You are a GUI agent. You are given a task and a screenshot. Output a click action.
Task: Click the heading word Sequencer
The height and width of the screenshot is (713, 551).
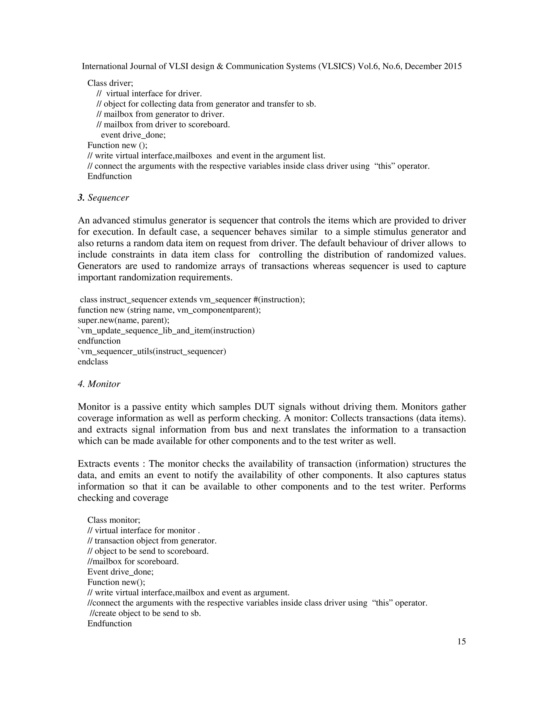click(108, 197)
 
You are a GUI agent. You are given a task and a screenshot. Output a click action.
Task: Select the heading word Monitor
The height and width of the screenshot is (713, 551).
click(104, 384)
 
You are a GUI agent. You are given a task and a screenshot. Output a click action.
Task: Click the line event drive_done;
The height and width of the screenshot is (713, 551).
click(133, 135)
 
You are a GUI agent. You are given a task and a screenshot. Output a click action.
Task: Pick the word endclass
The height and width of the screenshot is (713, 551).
click(93, 362)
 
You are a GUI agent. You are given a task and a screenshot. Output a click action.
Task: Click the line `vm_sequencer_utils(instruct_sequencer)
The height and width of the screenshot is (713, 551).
click(152, 351)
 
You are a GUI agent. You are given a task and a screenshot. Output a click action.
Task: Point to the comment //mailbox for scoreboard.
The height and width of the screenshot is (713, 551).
click(133, 561)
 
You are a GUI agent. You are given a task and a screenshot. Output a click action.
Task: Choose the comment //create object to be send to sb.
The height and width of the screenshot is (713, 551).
click(145, 613)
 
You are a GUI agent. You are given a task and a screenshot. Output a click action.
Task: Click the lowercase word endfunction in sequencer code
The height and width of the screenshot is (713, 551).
click(99, 341)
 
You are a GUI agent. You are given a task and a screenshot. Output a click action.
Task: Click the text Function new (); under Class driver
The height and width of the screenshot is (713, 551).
click(117, 145)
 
